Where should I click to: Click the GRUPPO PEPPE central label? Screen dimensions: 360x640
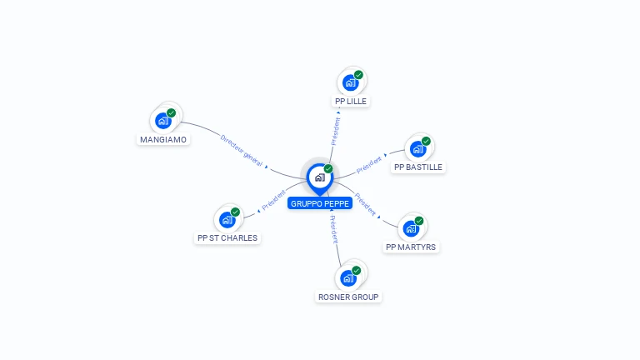coord(320,203)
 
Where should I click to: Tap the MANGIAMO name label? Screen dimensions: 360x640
coord(163,139)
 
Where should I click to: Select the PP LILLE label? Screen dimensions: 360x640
coord(351,101)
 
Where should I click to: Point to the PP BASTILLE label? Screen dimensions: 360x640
coord(418,167)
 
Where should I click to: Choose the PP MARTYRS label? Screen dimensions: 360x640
coord(411,247)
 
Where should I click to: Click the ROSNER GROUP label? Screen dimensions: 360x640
coord(348,297)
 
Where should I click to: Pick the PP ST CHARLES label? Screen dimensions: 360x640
coord(227,237)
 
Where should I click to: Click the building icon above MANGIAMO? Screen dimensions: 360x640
coord(163,120)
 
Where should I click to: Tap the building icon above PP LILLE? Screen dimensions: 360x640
coord(351,82)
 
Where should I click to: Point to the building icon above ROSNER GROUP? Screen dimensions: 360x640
coord(348,277)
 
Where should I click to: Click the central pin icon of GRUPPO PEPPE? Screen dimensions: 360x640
coord(319,177)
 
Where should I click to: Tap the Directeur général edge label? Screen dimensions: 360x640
coord(241,151)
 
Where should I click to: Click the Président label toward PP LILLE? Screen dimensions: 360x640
coord(336,131)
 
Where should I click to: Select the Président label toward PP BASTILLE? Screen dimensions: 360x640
coord(369,165)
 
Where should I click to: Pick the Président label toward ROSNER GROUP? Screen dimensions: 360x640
coord(333,229)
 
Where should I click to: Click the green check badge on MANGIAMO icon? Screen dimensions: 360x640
coord(171,113)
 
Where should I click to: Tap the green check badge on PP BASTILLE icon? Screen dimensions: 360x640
coord(426,142)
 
